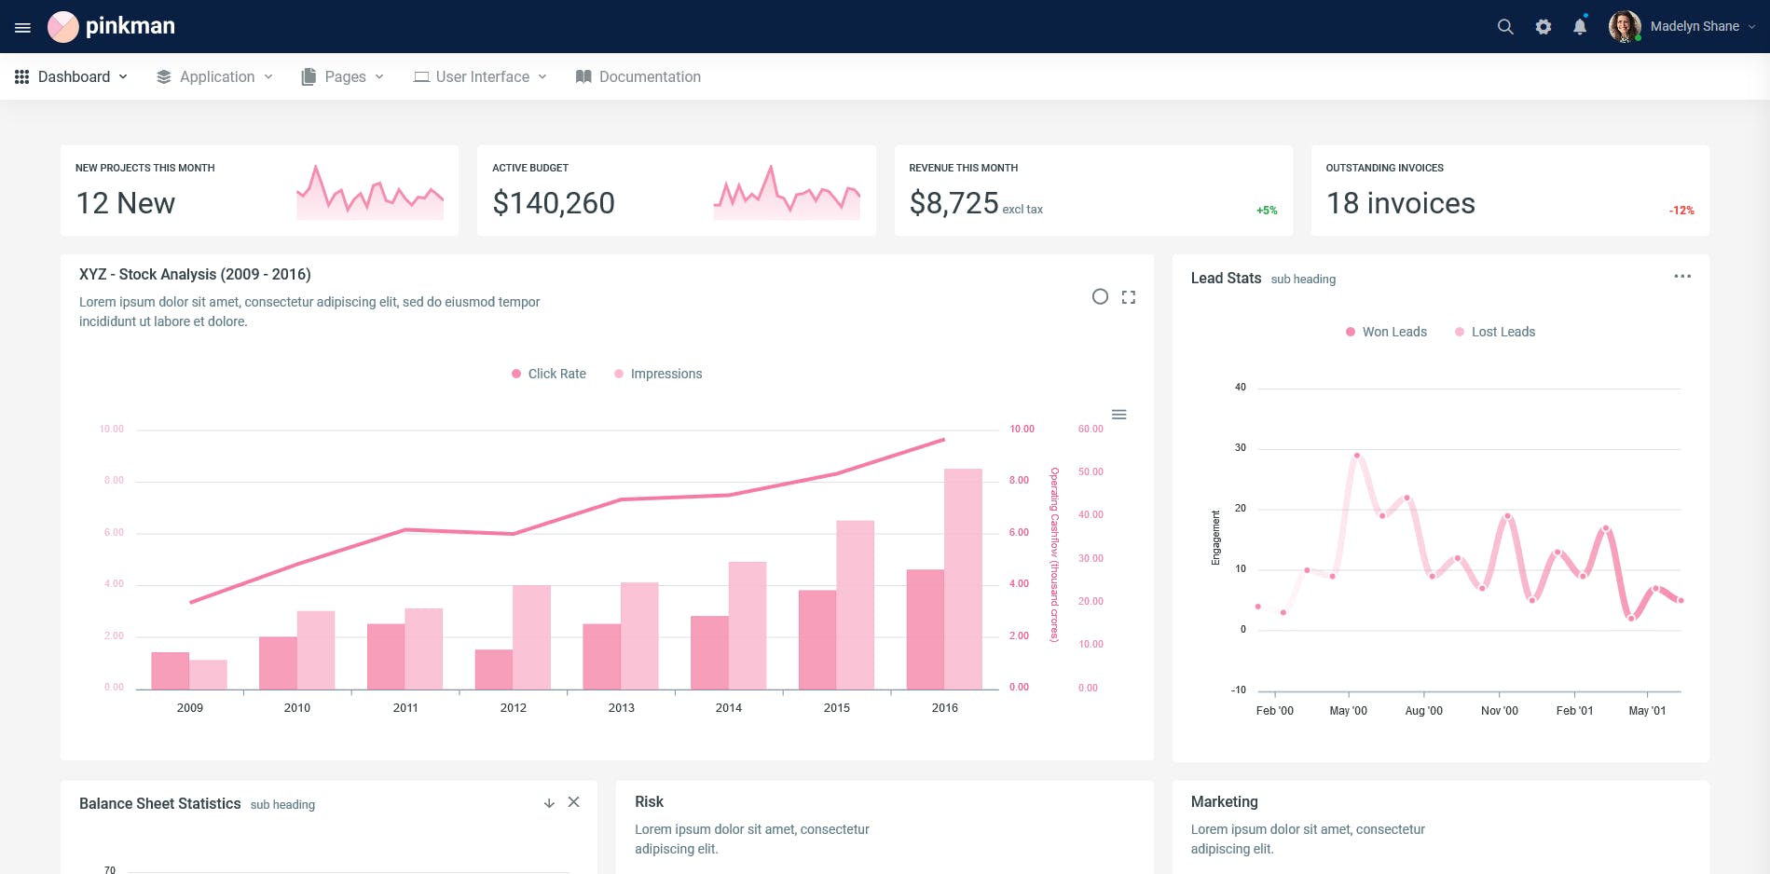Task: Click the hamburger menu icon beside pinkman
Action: pos(23,27)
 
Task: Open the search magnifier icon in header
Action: pos(1504,27)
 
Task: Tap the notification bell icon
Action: pos(1579,27)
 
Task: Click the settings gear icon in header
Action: pos(1543,27)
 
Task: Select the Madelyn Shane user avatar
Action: pos(1624,26)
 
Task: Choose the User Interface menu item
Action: pos(481,76)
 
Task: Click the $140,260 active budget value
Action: pos(553,203)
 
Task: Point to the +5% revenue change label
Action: pos(1266,211)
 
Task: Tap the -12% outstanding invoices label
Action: pos(1681,211)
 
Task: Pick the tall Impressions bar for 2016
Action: pos(963,578)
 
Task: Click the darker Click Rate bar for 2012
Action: pos(493,669)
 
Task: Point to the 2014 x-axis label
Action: pos(728,708)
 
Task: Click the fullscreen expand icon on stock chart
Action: pos(1128,297)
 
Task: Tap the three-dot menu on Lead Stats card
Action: pos(1681,277)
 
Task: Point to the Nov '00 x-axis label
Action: pos(1499,711)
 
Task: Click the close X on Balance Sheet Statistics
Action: pos(573,802)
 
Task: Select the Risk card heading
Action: pos(649,801)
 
